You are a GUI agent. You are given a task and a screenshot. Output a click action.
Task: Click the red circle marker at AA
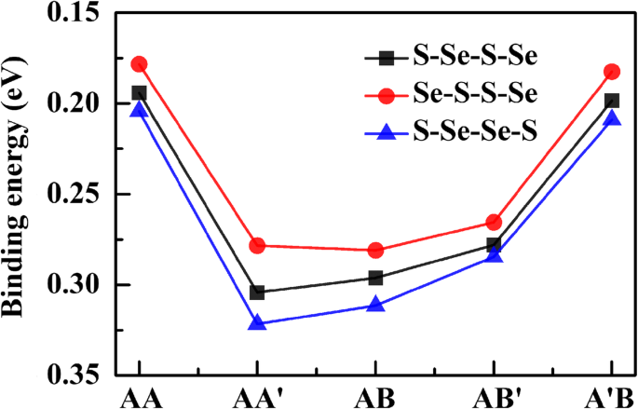point(139,64)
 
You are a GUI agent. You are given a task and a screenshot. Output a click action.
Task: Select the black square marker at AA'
point(257,293)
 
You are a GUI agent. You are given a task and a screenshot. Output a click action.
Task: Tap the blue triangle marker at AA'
point(257,323)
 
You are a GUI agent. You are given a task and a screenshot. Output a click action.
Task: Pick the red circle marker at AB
point(375,250)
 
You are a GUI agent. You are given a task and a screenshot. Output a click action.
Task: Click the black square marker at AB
point(375,278)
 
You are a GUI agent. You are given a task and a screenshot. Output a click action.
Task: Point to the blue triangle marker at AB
point(375,305)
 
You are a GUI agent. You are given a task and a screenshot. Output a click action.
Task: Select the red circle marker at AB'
point(494,223)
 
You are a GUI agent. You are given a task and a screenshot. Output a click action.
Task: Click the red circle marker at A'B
point(612,72)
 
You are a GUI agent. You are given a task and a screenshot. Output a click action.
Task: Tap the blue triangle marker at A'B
point(612,118)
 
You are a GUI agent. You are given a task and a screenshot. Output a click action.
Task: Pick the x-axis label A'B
point(610,398)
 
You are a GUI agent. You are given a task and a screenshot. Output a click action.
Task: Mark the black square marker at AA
point(139,93)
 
